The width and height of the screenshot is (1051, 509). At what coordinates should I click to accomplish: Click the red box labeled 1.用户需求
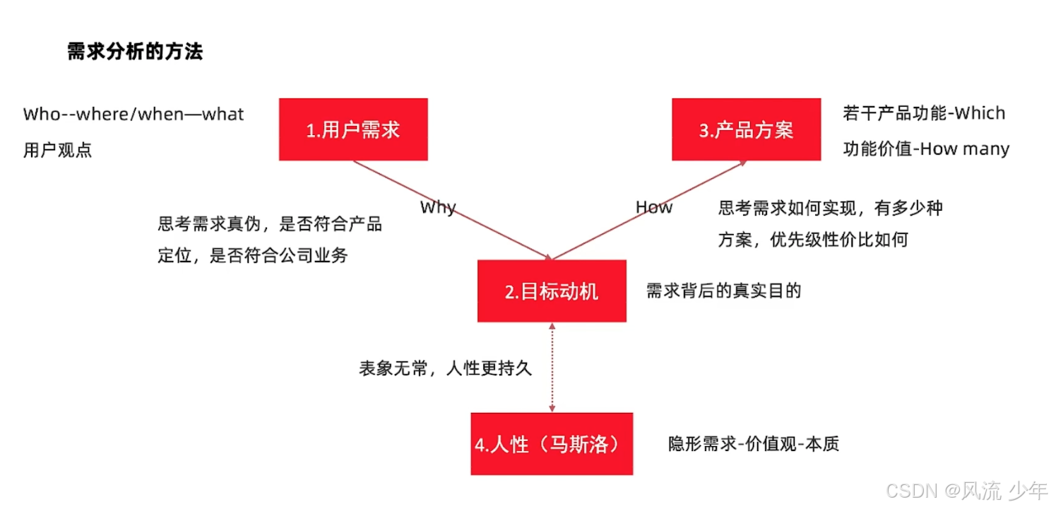(353, 129)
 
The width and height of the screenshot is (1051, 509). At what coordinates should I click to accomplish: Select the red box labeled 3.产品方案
(746, 129)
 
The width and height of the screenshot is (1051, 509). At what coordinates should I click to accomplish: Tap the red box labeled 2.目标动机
(552, 291)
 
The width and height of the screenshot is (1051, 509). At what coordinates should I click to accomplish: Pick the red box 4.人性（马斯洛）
(552, 444)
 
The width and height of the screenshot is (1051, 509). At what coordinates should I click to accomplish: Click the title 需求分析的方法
(135, 52)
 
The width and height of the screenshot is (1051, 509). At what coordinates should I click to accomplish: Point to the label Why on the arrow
(438, 207)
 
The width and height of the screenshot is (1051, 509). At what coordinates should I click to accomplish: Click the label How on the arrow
(654, 207)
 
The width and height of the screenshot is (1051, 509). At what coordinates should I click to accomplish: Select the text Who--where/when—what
(133, 114)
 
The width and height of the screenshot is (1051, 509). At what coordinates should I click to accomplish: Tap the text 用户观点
(57, 150)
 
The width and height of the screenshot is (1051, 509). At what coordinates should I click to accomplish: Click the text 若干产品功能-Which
(924, 113)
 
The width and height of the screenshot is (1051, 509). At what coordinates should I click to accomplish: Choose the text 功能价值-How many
(926, 149)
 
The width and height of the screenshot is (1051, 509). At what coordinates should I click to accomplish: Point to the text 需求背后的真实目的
(723, 291)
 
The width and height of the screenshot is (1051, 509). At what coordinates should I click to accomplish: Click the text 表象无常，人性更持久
(445, 368)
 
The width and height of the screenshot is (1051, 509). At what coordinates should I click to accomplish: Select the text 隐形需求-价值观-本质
(754, 444)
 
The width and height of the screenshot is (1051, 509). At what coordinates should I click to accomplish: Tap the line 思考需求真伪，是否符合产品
(270, 224)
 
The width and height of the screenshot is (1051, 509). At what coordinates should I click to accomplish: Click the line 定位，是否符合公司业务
(253, 255)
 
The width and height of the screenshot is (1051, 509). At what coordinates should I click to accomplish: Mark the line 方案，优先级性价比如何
(813, 240)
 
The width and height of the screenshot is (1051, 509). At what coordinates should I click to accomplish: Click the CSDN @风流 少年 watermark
(966, 490)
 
